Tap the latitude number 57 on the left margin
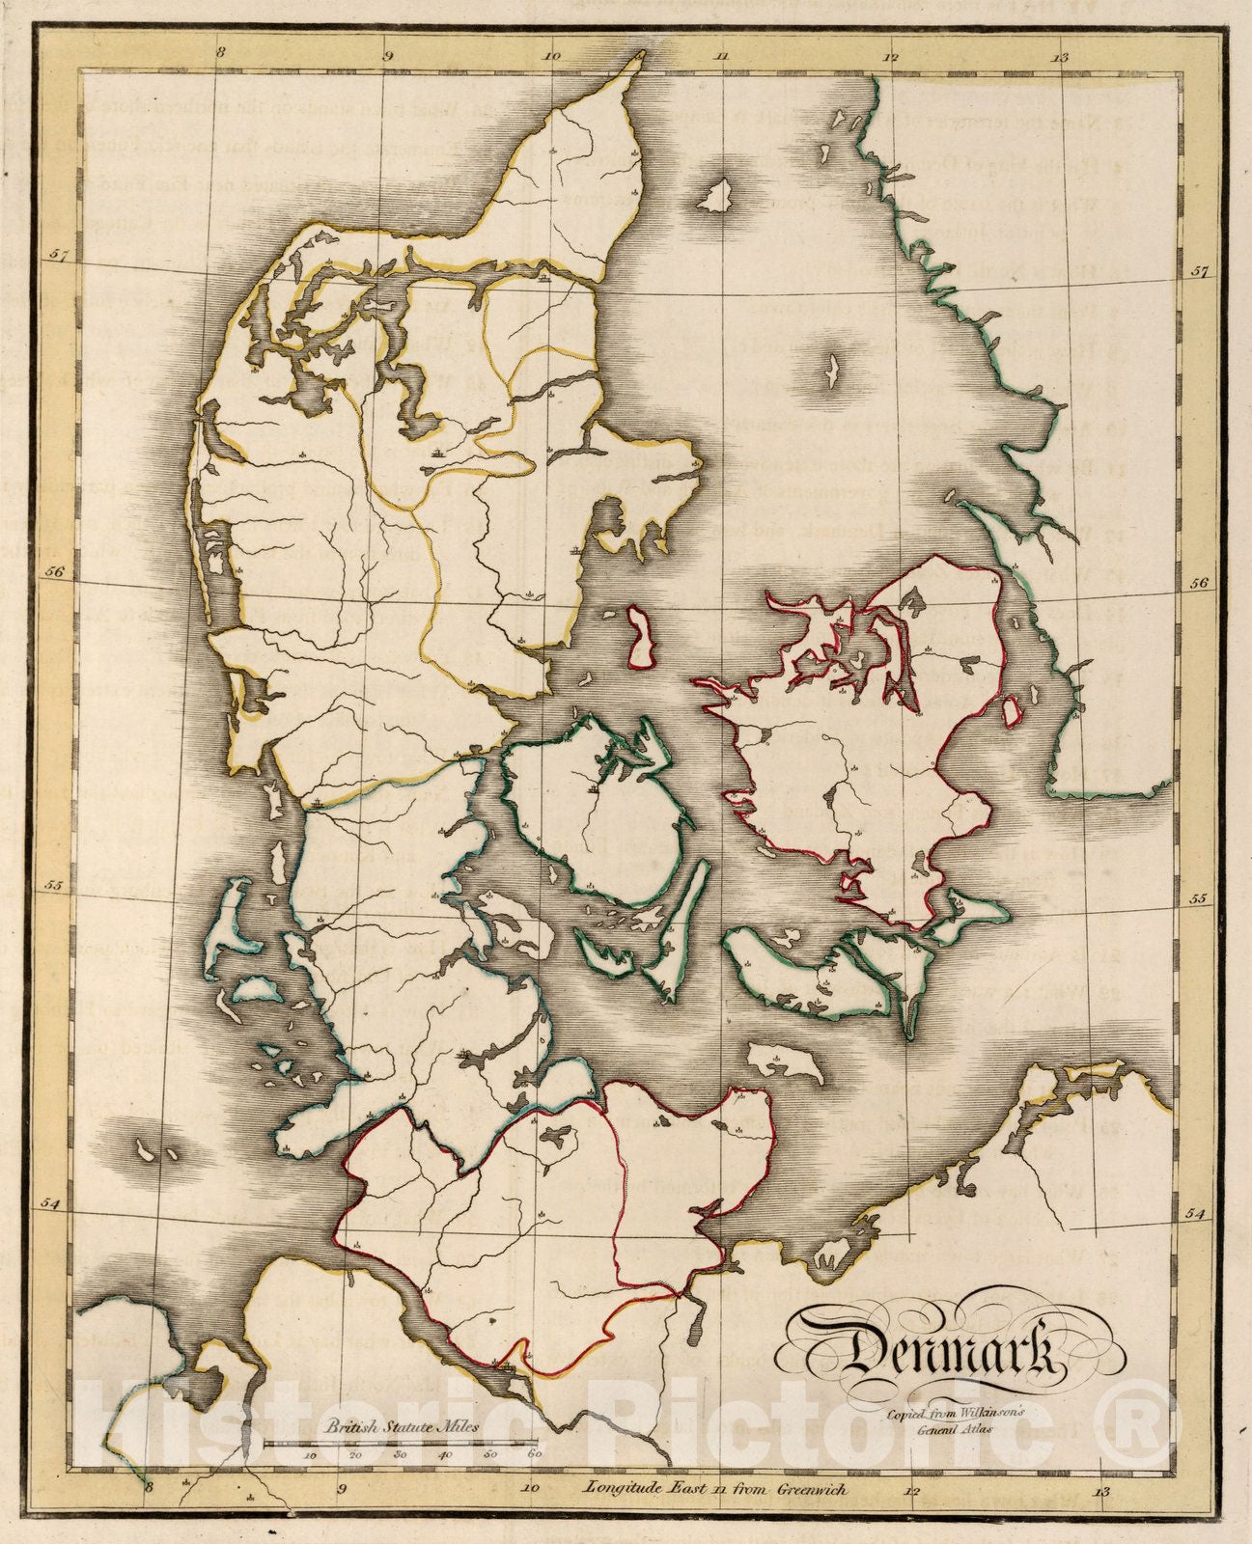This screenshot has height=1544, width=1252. click(60, 257)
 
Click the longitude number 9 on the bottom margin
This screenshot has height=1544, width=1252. click(342, 1489)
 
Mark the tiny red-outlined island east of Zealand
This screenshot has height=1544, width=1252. click(1012, 711)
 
